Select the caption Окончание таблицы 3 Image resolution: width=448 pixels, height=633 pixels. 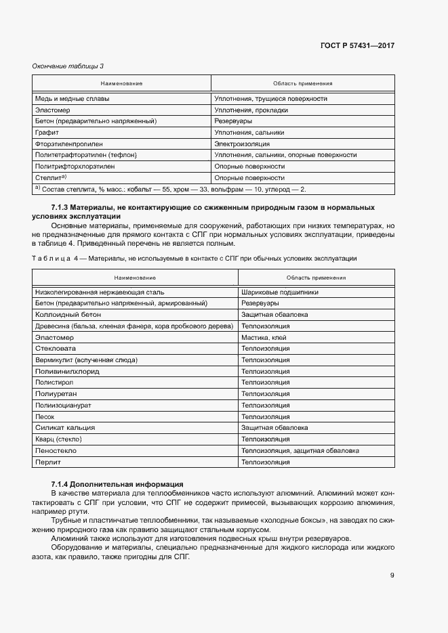[68, 66]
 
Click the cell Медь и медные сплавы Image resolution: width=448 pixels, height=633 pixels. [72, 98]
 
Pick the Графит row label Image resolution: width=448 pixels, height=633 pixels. [47, 133]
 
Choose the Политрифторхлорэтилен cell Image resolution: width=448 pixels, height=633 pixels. [75, 167]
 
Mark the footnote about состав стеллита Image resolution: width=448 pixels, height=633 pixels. [170, 189]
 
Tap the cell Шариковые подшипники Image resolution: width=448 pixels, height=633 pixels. [280, 292]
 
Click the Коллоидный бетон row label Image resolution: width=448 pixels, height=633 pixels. [68, 315]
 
